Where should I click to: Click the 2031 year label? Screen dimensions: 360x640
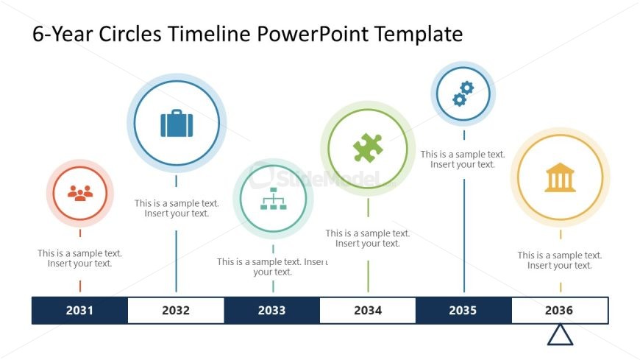(79, 311)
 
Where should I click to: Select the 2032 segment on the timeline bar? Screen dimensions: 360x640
(176, 311)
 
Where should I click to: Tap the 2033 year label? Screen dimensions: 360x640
(271, 311)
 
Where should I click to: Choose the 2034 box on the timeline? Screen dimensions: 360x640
(368, 311)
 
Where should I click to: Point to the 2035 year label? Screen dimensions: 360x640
(463, 311)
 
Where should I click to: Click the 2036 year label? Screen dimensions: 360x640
(560, 311)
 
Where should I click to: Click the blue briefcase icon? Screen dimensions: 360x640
(177, 123)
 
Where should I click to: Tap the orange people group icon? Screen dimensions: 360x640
(80, 194)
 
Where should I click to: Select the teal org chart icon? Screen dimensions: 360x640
(273, 199)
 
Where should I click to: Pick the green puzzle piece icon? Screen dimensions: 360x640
(368, 148)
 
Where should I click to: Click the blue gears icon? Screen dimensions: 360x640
(463, 93)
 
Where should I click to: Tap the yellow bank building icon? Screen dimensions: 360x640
(560, 177)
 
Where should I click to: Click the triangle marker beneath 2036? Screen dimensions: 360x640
(560, 335)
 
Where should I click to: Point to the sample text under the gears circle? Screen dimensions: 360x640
(463, 160)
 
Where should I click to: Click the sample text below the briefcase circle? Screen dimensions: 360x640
(177, 208)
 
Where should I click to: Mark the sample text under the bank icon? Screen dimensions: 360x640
(560, 261)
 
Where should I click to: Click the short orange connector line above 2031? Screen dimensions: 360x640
(80, 286)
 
